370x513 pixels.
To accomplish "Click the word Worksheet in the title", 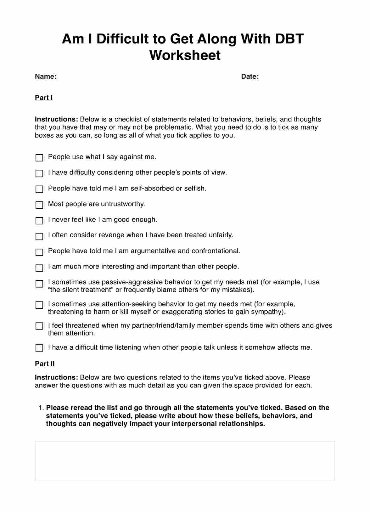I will tap(185, 55).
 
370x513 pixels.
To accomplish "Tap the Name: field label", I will tap(46, 76).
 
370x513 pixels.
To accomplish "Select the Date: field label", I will tap(250, 76).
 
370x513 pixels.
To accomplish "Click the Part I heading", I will tap(44, 98).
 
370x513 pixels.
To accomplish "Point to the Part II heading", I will tap(45, 364).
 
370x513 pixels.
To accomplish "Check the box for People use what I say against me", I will tap(39, 158).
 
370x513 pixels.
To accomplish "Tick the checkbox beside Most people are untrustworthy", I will tap(39, 205).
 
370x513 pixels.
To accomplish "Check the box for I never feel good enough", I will tap(39, 221).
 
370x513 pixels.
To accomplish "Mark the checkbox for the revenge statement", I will tap(39, 236).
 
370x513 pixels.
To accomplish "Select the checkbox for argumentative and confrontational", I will tap(39, 252).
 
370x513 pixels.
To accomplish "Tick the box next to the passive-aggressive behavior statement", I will tap(39, 284).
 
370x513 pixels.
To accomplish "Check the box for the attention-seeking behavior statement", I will tap(39, 305).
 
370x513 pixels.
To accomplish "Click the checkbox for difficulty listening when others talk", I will tap(39, 348).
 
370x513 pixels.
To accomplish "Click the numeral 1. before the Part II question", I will tap(41, 408).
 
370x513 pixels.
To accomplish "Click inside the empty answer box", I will tap(185, 461).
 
